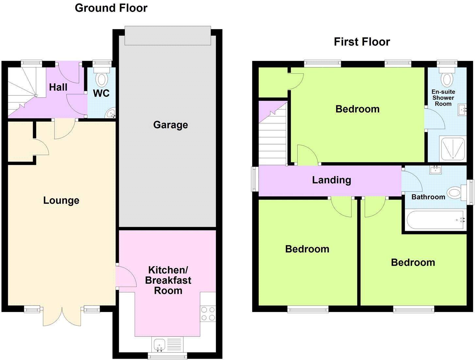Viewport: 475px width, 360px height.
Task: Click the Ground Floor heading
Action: point(111,8)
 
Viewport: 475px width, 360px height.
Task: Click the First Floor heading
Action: point(362,42)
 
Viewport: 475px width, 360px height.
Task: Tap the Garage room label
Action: point(170,125)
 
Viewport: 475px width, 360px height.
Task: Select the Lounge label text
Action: point(61,200)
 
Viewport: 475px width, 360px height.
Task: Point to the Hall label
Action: point(58,87)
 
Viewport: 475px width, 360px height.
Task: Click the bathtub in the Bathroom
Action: point(435,220)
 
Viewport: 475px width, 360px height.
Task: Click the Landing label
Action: point(331,180)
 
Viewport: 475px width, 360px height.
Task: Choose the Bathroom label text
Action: point(428,197)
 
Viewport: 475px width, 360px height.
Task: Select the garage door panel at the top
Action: point(168,35)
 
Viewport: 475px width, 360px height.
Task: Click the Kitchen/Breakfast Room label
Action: point(168,280)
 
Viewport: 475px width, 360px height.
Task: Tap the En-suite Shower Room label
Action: point(443,98)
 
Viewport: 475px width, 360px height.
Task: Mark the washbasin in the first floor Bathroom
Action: point(436,170)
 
